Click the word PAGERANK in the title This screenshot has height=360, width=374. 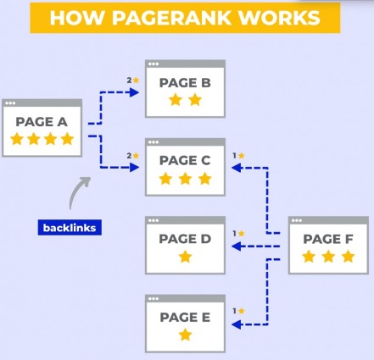click(171, 18)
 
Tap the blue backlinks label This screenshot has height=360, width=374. click(70, 228)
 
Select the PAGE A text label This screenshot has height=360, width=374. click(42, 122)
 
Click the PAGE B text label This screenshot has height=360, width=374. click(185, 83)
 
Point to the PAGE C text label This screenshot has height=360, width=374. click(185, 161)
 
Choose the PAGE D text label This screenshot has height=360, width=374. click(185, 239)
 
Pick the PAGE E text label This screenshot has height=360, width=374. click(185, 317)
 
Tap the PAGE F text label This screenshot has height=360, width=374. click(328, 239)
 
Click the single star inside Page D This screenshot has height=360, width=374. click(185, 257)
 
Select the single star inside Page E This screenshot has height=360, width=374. click(185, 335)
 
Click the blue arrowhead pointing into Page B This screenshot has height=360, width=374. click(134, 92)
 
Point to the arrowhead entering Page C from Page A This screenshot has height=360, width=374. click(134, 168)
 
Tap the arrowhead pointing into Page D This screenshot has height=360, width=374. click(237, 246)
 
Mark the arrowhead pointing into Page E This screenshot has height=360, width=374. click(237, 324)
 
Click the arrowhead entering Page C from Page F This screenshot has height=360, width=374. click(237, 168)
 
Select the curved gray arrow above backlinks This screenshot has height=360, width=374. click(77, 190)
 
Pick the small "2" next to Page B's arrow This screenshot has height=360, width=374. click(129, 80)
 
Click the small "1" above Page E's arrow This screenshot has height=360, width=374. click(234, 311)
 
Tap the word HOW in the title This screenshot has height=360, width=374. click(77, 18)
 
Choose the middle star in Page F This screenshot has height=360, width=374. click(328, 257)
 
